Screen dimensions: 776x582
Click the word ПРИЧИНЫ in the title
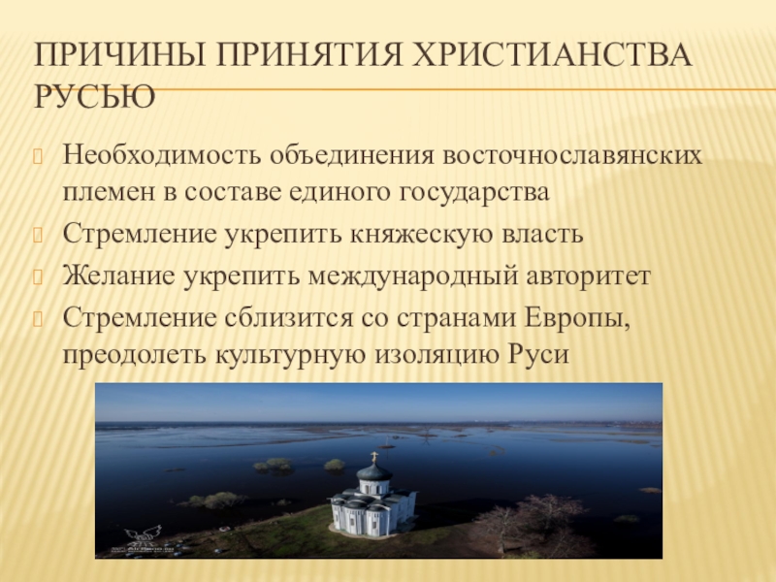click(119, 54)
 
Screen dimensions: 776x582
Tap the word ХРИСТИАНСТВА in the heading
click(551, 54)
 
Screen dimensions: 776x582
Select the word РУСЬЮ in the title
click(94, 96)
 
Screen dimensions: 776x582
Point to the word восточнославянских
click(572, 155)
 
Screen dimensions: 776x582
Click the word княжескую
click(421, 234)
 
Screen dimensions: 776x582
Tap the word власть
click(542, 234)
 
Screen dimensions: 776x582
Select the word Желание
click(118, 275)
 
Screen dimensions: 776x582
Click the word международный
click(413, 276)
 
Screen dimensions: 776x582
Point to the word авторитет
click(589, 276)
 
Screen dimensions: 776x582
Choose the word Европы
click(577, 318)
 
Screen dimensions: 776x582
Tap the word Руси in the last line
click(538, 355)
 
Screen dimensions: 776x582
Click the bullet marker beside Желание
click(38, 276)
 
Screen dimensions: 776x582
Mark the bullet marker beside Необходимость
click(38, 156)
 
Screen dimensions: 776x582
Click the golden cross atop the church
click(374, 457)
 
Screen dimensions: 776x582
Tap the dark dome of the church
click(374, 471)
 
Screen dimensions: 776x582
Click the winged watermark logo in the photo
click(143, 536)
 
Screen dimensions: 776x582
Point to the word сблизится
click(289, 318)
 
